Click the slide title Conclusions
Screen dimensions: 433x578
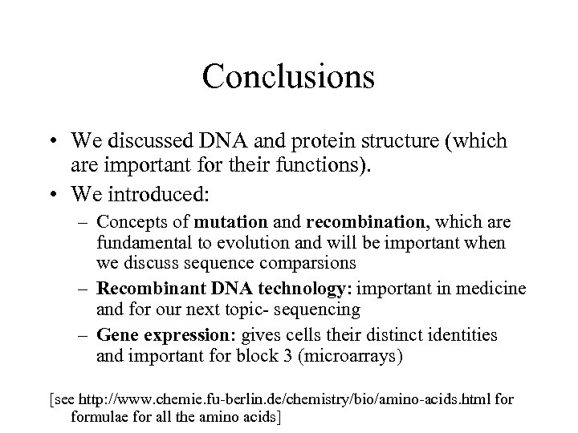[288, 77]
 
